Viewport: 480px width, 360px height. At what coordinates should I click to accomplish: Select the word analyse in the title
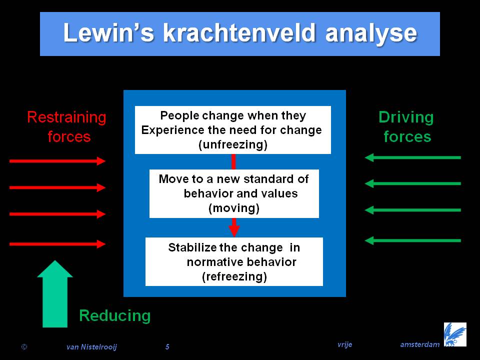371,34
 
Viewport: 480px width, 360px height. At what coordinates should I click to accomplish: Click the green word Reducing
115,316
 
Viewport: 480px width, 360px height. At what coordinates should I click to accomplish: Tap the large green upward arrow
55,294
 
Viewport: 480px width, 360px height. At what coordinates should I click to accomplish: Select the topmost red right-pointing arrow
57,161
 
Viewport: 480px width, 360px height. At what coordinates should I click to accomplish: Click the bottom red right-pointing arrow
57,244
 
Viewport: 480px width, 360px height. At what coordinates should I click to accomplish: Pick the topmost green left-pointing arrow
412,157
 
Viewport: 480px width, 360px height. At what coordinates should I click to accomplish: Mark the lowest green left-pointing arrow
412,240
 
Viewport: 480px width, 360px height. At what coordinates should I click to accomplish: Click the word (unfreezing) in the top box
233,144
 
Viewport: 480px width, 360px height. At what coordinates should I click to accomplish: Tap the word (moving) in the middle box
234,208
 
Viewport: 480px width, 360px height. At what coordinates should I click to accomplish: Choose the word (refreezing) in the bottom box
234,276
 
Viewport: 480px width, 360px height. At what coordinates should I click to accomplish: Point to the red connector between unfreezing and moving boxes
233,161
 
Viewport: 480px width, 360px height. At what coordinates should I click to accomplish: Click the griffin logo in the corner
455,334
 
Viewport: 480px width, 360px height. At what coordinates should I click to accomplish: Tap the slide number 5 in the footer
167,347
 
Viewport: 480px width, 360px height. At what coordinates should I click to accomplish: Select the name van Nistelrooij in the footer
91,347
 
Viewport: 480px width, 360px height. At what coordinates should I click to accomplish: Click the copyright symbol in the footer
24,347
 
